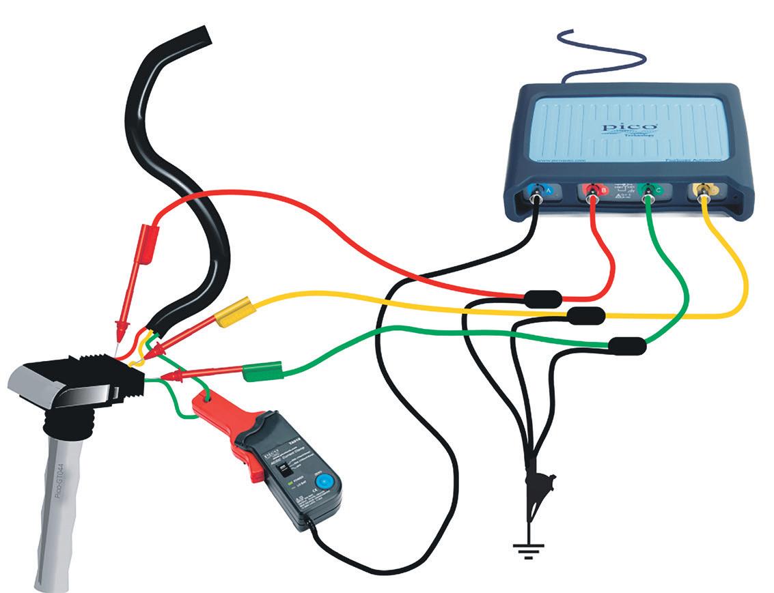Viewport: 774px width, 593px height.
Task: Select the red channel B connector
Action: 593,194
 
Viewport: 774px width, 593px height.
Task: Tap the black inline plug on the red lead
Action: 542,298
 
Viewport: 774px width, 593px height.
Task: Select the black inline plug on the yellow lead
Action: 586,315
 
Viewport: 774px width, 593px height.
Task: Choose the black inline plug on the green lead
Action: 627,346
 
